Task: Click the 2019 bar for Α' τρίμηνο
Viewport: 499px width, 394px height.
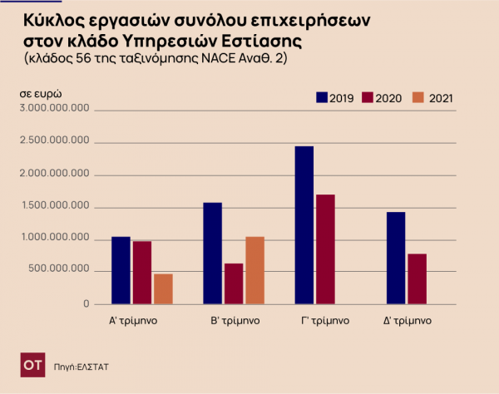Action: pos(121,270)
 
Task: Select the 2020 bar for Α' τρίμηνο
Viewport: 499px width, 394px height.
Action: pos(142,273)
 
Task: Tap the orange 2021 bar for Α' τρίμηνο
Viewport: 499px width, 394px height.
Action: pos(163,288)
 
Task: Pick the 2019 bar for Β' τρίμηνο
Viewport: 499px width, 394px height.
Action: pos(213,253)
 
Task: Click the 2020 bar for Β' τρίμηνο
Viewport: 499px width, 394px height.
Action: pos(234,283)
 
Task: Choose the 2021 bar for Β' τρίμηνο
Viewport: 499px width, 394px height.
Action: pos(254,270)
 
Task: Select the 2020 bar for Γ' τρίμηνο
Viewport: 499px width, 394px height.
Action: pos(325,249)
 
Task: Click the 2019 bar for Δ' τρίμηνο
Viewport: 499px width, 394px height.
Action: pos(396,258)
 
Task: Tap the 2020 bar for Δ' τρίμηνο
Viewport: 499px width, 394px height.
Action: pos(417,278)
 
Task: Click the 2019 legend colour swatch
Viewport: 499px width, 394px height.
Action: pos(322,98)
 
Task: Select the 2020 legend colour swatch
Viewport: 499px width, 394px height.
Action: pos(368,98)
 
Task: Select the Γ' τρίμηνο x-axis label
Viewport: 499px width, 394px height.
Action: pos(324,320)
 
